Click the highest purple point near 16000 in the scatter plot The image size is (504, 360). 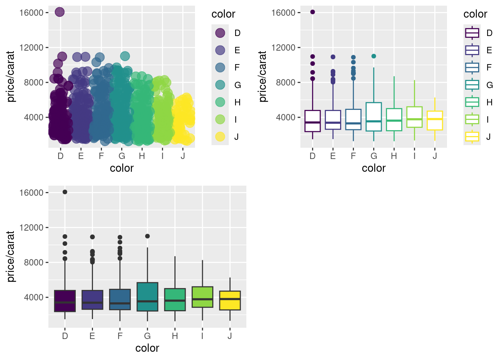60,12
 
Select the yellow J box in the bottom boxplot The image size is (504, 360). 230,300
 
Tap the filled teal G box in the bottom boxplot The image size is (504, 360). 147,297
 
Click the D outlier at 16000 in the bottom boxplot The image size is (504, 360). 65,192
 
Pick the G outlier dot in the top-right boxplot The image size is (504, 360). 373,56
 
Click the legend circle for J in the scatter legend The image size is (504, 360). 220,137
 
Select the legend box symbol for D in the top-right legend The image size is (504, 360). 472,33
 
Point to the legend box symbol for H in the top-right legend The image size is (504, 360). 472,102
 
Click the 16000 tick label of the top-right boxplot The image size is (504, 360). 283,13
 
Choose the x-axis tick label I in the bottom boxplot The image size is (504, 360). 202,336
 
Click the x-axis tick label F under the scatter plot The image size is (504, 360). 101,156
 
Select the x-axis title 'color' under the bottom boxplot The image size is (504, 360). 147,348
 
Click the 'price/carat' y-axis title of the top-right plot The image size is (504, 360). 262,76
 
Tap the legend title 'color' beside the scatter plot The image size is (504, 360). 223,14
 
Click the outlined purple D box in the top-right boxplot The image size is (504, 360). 313,121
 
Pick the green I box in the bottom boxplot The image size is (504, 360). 202,297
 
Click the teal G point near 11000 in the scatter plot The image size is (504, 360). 125,56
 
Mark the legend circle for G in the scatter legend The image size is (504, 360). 220,85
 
